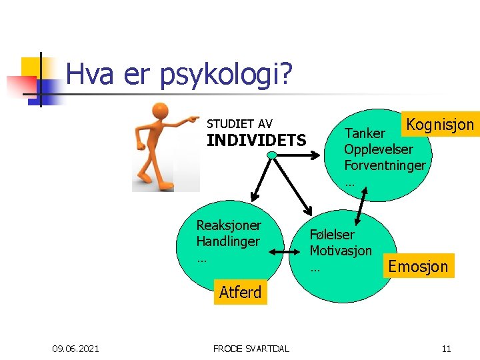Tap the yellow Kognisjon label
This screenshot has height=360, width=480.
440,124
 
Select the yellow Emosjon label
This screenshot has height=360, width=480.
418,267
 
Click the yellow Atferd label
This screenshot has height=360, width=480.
240,292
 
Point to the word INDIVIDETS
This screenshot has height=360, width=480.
257,141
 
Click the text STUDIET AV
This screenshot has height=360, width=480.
239,124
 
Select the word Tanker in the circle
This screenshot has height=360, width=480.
365,134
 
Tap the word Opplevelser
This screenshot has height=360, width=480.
379,149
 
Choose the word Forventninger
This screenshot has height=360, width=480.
385,165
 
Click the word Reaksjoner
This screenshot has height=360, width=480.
229,225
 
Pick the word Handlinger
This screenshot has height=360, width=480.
228,241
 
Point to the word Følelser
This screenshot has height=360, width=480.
332,235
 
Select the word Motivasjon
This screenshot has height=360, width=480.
341,251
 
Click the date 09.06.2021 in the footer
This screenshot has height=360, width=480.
76,348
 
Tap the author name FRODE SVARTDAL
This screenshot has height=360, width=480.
251,348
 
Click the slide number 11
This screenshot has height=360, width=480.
446,348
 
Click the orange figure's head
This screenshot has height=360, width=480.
159,111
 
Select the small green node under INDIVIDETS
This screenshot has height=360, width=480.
272,155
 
